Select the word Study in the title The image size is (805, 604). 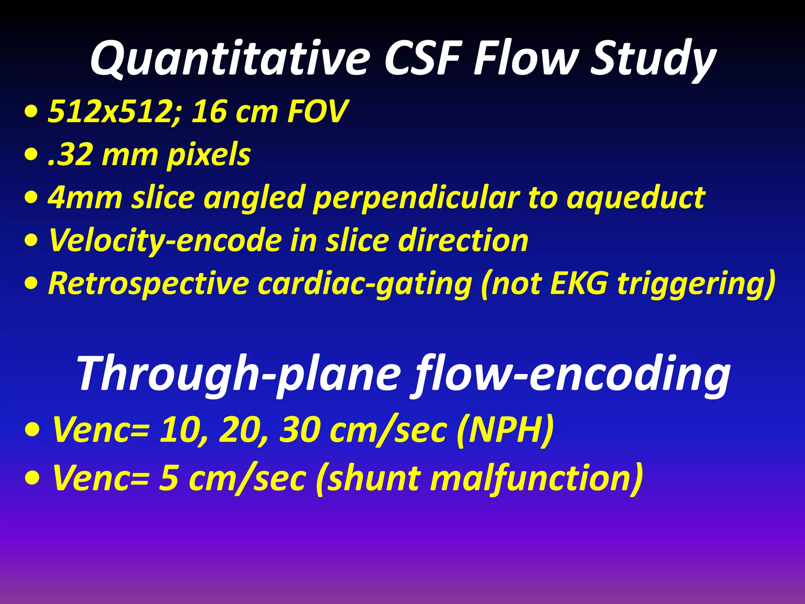point(652,59)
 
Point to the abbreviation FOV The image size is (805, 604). point(318,112)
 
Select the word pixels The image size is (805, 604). point(208,155)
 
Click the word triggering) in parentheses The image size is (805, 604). point(696,283)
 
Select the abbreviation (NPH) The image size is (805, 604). point(505,430)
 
